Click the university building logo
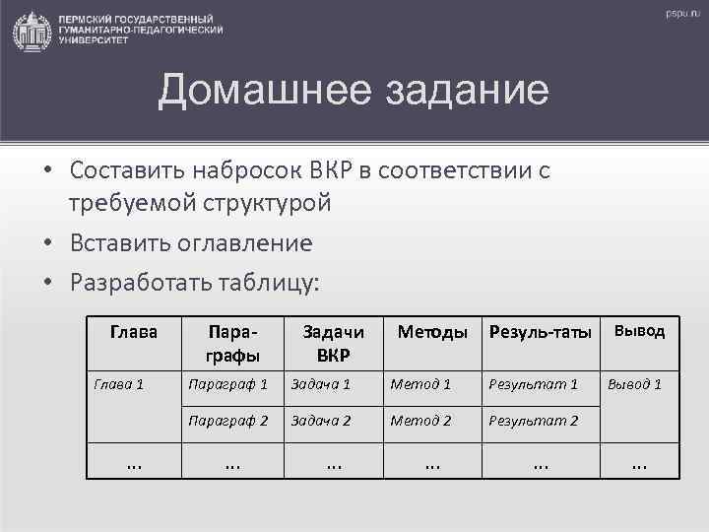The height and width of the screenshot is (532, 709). tap(32, 31)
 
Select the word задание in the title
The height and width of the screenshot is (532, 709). tap(448, 93)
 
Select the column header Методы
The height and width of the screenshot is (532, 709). tap(431, 333)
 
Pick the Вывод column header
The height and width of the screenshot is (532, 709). tap(640, 331)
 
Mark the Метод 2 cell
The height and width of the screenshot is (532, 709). tap(420, 421)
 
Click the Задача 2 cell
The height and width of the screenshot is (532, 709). tap(320, 421)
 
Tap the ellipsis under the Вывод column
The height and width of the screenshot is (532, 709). tap(639, 461)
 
